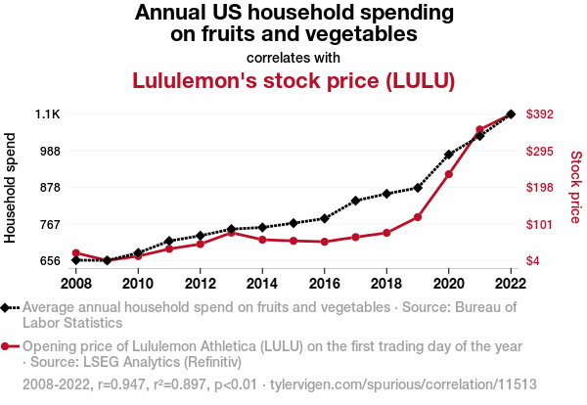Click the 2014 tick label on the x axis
[262, 284]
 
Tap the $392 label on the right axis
[540, 114]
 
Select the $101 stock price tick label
[540, 224]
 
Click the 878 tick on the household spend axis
[49, 188]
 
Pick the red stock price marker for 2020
[449, 174]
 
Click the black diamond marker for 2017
[356, 201]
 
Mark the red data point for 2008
[76, 253]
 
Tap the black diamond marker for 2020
[449, 155]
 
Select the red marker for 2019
[418, 217]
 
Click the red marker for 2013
[232, 233]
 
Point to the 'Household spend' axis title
[12, 188]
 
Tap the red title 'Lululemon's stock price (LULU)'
[293, 81]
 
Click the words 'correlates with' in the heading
[293, 57]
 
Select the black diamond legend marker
[8, 307]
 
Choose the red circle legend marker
[8, 346]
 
